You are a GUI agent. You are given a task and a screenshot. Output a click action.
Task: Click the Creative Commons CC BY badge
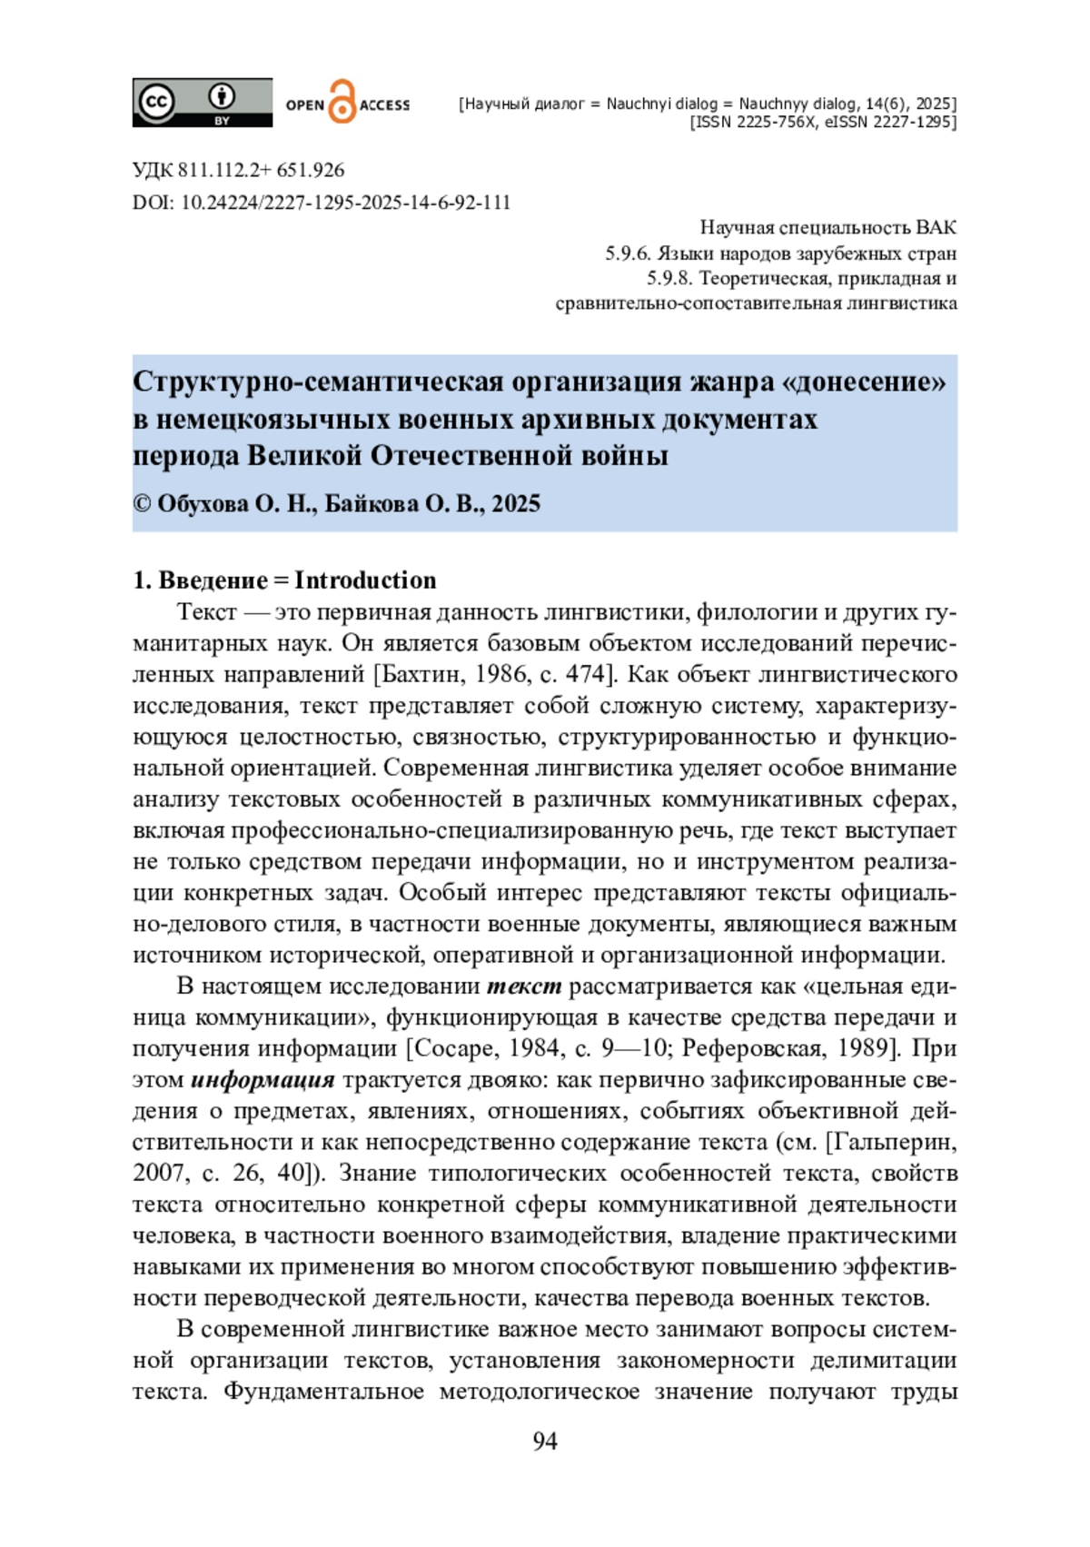pos(202,103)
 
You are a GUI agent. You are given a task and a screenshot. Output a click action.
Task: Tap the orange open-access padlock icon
pos(342,103)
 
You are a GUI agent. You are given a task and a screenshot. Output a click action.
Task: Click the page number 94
pos(545,1441)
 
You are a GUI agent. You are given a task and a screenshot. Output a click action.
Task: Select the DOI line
pos(322,202)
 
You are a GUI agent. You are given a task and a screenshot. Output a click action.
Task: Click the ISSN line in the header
pos(823,122)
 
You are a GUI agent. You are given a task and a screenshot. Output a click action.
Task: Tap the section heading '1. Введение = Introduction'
pos(284,580)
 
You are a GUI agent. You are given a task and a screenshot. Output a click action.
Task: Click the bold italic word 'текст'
pos(524,986)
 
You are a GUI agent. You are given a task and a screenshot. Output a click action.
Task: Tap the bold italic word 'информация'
pos(263,1079)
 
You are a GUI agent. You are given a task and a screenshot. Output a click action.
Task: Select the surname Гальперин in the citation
pos(895,1142)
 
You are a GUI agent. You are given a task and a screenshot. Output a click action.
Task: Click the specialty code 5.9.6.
pos(627,253)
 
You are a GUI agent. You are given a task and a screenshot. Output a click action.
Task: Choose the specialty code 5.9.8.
pos(669,278)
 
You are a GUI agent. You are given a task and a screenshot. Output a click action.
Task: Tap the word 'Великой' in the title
pos(305,455)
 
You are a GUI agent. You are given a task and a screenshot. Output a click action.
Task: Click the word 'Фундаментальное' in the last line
pos(323,1391)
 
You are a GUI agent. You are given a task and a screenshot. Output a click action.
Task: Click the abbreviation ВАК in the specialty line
pos(936,228)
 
